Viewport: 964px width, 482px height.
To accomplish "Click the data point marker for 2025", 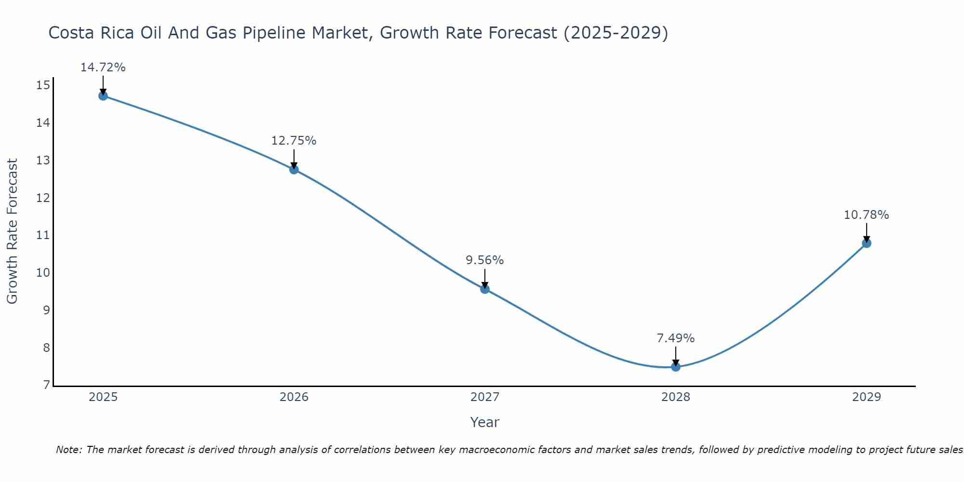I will pyautogui.click(x=103, y=96).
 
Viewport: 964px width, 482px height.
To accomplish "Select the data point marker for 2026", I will pyautogui.click(x=294, y=169).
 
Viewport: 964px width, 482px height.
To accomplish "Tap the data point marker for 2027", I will pyautogui.click(x=485, y=289).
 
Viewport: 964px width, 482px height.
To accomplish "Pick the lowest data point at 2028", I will pyautogui.click(x=676, y=367).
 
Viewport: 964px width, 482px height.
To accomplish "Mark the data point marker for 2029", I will pyautogui.click(x=867, y=243).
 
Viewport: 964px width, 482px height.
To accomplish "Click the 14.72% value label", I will pyautogui.click(x=103, y=67).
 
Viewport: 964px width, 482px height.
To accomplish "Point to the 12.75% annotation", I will pyautogui.click(x=294, y=141).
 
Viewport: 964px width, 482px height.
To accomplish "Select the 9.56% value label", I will pyautogui.click(x=484, y=260).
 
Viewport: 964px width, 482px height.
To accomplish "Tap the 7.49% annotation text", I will pyautogui.click(x=676, y=338).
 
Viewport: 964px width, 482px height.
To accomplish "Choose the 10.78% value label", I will pyautogui.click(x=866, y=215).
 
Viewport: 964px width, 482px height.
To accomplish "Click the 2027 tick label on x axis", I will pyautogui.click(x=485, y=397).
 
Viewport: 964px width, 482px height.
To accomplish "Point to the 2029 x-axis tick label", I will pyautogui.click(x=867, y=397).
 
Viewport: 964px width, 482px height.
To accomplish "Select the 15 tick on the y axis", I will pyautogui.click(x=43, y=86).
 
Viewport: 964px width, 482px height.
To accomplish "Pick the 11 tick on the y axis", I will pyautogui.click(x=43, y=235).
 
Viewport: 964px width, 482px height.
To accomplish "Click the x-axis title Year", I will pyautogui.click(x=485, y=422).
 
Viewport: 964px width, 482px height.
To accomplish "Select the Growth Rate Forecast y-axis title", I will pyautogui.click(x=13, y=231).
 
